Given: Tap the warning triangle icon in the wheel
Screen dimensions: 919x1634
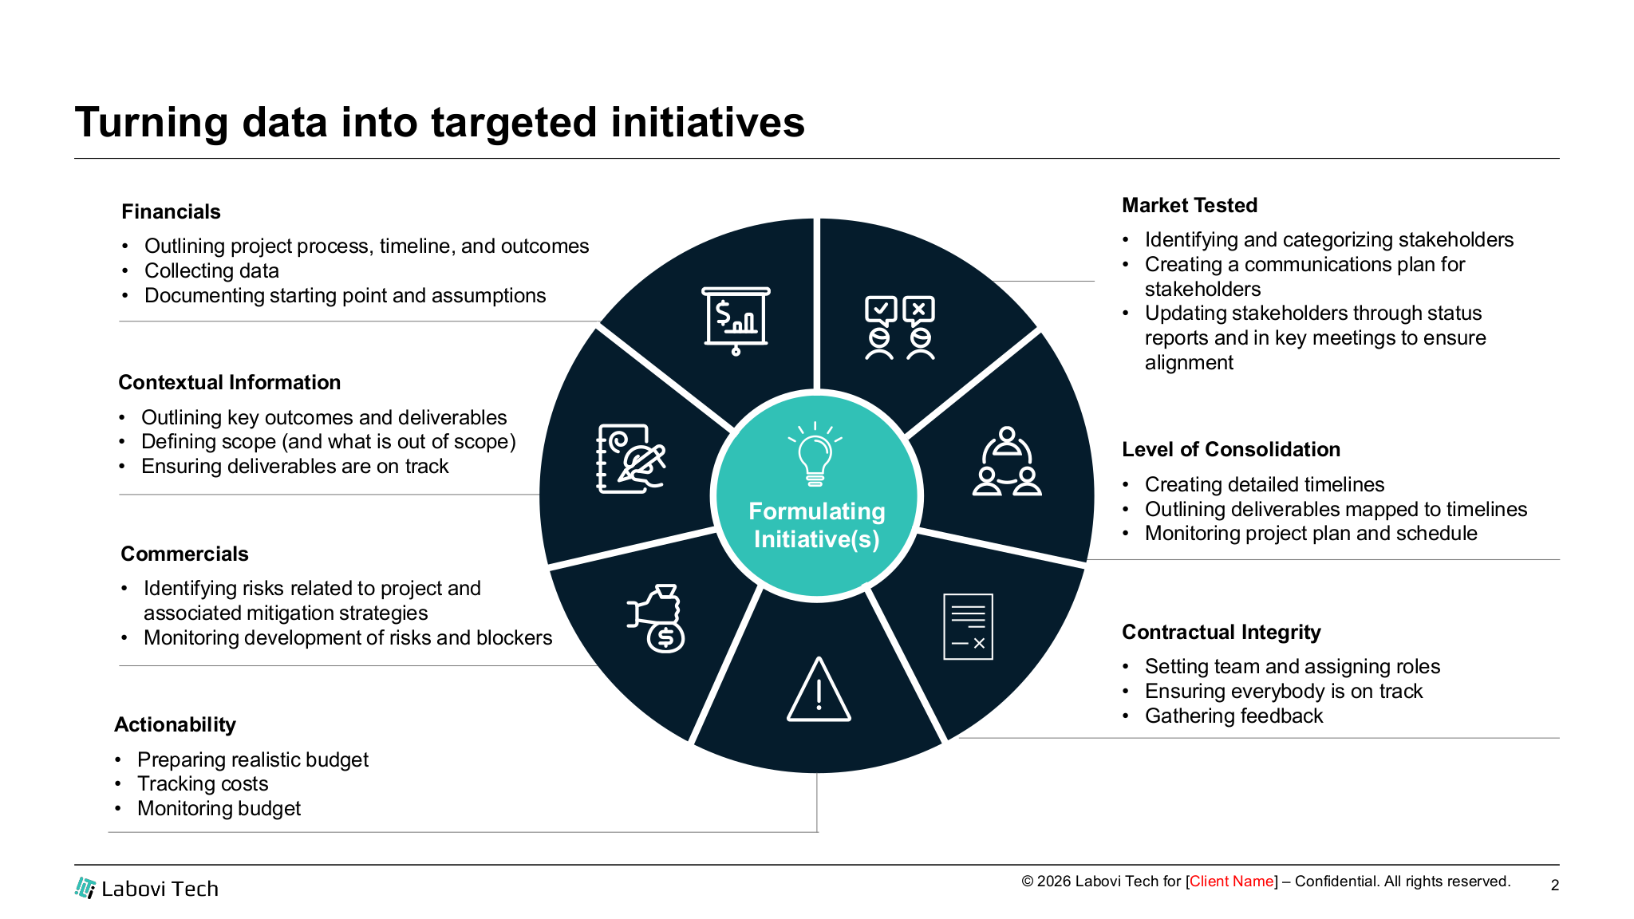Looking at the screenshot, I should pos(819,691).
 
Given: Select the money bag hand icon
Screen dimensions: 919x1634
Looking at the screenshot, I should pos(657,619).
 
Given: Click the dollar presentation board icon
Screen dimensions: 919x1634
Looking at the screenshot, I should pos(736,320).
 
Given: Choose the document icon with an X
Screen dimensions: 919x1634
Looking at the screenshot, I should pos(968,627).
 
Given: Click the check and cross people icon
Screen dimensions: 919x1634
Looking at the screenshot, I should pos(899,328).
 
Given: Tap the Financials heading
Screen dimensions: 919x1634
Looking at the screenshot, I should pos(171,211).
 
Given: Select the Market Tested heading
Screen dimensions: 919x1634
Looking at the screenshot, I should pos(1189,205).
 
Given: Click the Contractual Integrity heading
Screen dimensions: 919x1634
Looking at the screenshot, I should pos(1221,632).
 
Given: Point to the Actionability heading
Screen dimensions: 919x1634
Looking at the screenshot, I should pos(175,724).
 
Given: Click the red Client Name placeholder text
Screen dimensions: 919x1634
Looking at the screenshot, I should pos(1231,882).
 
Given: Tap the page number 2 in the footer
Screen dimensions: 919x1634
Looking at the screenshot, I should pos(1554,885).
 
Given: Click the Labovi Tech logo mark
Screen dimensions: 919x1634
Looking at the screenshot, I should pos(85,888).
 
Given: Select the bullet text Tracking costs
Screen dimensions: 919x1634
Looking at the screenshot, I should pos(203,783).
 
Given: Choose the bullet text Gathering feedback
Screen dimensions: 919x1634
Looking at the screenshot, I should pos(1233,716).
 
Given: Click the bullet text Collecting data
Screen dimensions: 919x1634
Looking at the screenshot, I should pos(211,270).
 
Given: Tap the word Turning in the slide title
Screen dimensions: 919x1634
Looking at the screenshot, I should pos(151,123).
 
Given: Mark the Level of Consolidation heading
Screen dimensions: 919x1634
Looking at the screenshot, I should pos(1230,449).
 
